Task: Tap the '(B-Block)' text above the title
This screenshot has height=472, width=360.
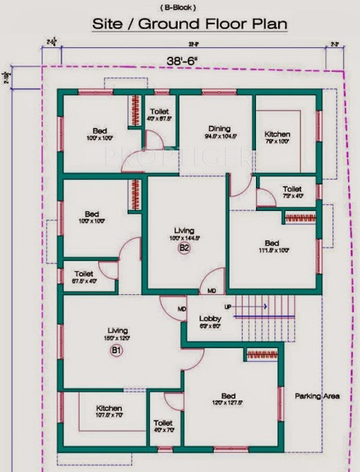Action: click(x=180, y=7)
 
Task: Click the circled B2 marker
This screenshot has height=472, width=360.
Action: click(x=185, y=248)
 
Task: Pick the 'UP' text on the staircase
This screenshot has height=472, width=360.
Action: click(x=228, y=306)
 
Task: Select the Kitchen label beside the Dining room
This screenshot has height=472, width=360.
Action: click(x=278, y=134)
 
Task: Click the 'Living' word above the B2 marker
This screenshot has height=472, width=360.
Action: click(x=184, y=230)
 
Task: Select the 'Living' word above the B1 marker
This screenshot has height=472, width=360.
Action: click(x=118, y=331)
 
